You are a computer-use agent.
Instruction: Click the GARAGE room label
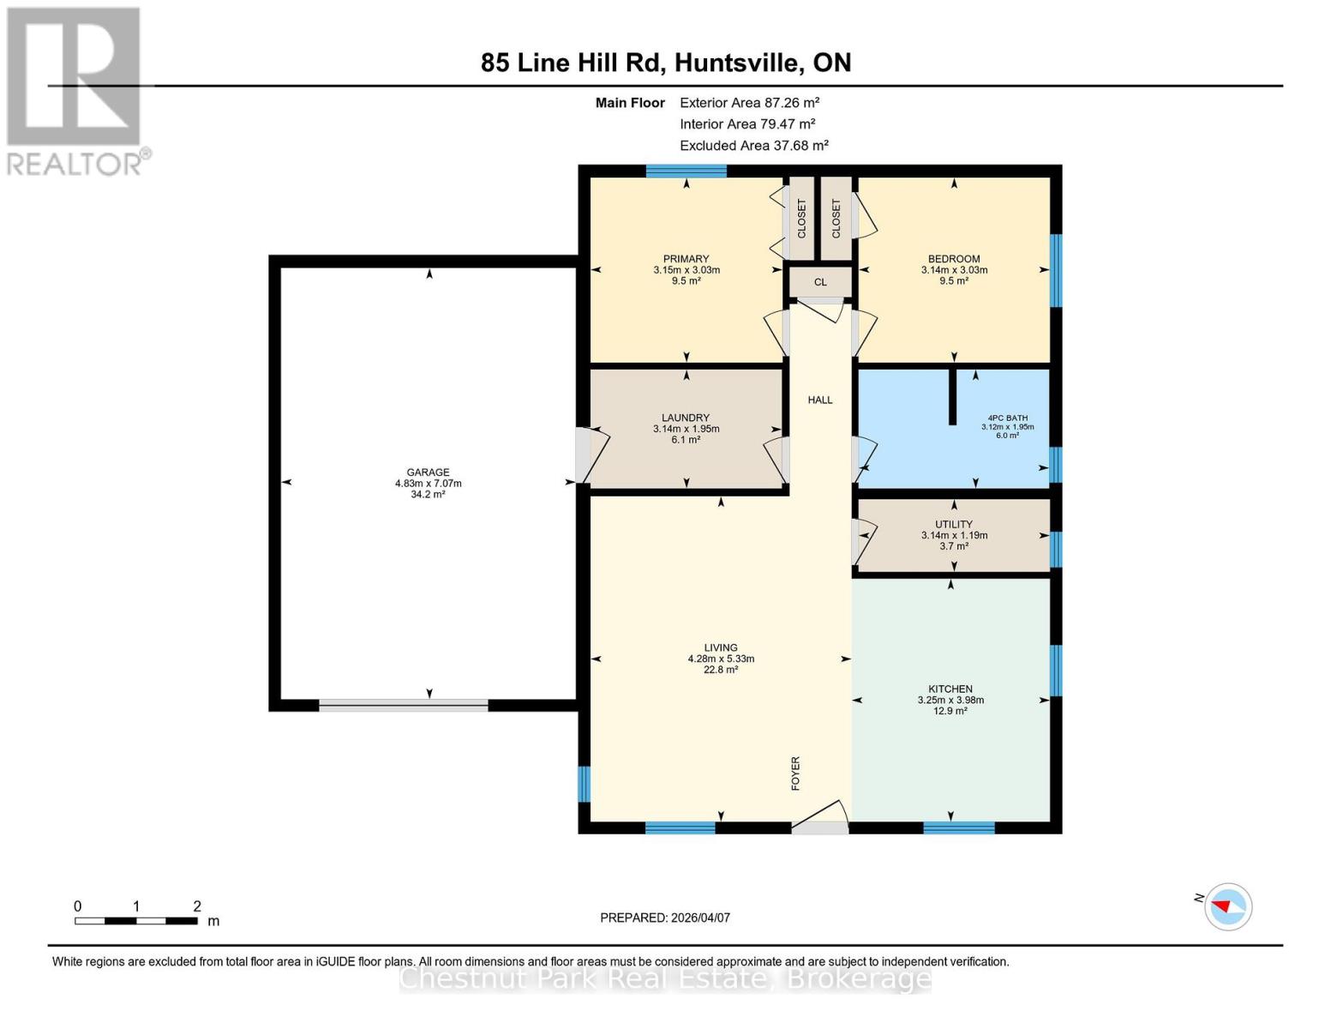(x=428, y=472)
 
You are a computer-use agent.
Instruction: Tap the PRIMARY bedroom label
(x=686, y=259)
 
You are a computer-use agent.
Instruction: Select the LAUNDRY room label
(x=686, y=418)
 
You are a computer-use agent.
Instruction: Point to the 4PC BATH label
(x=1007, y=418)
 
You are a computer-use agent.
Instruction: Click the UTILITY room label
(x=954, y=524)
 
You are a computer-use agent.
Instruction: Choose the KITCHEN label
(x=950, y=689)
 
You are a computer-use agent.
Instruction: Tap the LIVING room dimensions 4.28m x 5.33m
(x=721, y=659)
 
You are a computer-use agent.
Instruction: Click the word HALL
(x=820, y=400)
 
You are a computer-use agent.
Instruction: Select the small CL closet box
(x=820, y=282)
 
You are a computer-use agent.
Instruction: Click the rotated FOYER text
(x=795, y=773)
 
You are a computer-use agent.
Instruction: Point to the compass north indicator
(x=1227, y=906)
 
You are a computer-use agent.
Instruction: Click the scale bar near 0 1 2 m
(x=136, y=921)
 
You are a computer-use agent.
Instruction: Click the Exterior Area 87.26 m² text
(x=749, y=102)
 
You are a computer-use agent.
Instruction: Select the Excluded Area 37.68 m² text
(x=753, y=146)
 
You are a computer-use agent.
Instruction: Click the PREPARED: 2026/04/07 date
(x=665, y=918)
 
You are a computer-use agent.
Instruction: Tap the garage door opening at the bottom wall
(x=404, y=705)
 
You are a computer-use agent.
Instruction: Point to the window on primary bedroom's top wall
(x=686, y=171)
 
